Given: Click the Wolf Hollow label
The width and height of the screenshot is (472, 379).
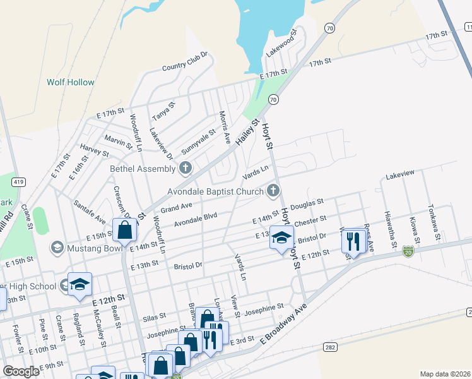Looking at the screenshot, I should (x=71, y=82).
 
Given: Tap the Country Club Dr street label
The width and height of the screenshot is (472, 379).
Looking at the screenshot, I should (x=185, y=61).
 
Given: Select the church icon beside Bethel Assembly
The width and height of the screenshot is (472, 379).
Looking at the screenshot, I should (x=185, y=168).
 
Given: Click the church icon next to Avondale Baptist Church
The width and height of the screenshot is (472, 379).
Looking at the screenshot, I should (x=273, y=189).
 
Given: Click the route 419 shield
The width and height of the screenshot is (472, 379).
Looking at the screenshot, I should (x=18, y=183).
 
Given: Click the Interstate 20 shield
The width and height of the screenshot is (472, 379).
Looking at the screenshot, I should (x=409, y=251).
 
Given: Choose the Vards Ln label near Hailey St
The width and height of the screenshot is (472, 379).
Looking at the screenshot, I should (x=256, y=172).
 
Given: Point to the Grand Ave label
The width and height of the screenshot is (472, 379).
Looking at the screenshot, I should (x=176, y=207).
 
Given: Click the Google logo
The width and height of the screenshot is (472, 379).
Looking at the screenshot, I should (x=21, y=371).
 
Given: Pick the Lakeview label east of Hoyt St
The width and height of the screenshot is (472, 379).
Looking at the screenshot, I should (x=400, y=173).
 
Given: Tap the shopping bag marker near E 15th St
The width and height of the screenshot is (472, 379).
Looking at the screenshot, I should (x=125, y=231).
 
